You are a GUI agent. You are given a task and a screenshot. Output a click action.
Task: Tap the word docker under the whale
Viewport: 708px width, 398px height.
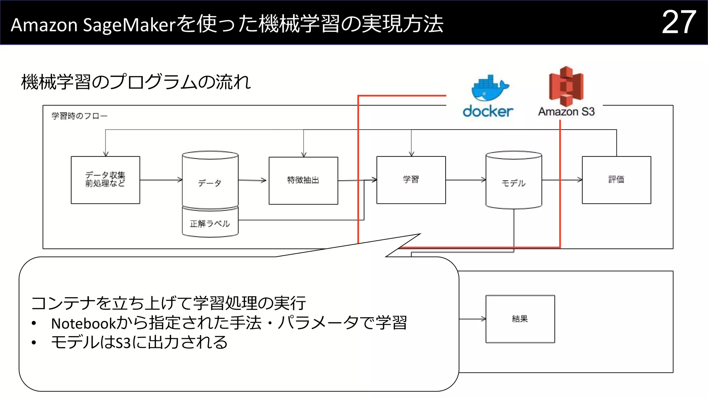[x=488, y=111]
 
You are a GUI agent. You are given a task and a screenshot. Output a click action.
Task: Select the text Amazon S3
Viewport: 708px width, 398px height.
[x=566, y=112]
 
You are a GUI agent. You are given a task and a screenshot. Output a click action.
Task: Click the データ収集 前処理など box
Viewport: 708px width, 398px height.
[x=105, y=180]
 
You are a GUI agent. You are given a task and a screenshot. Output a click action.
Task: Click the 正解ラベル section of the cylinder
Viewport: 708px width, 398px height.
[x=210, y=224]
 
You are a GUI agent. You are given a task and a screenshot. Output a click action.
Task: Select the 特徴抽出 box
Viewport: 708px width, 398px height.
[x=303, y=180]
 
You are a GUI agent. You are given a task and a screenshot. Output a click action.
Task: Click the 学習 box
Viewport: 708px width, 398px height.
[x=411, y=180]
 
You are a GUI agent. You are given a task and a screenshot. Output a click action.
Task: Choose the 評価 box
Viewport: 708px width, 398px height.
[x=616, y=180]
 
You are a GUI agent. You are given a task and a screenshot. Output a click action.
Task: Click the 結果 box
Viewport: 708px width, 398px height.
[x=520, y=319]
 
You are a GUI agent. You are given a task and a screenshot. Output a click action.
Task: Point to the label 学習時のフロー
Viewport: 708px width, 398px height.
[x=80, y=116]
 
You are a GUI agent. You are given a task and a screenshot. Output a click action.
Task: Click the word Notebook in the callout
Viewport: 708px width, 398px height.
[x=83, y=323]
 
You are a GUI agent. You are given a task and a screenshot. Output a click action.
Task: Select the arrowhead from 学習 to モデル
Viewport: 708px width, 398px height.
[x=484, y=180]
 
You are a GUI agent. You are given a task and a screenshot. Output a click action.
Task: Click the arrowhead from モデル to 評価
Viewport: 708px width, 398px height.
[x=580, y=180]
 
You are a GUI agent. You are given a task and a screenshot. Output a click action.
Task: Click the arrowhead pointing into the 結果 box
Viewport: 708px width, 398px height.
[x=483, y=319]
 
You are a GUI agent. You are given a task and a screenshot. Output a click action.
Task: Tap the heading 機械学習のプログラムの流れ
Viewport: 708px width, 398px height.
[x=136, y=82]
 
